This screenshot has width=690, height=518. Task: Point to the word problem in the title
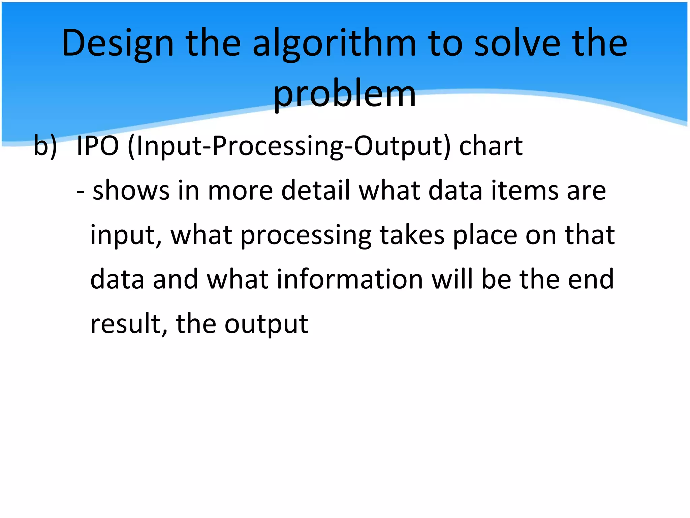345,94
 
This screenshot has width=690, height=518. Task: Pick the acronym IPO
98,146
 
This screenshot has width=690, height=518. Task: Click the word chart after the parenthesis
491,146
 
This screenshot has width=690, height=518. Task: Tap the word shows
131,191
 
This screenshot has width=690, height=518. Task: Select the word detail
316,191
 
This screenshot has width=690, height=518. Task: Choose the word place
485,235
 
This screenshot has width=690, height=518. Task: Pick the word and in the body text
175,279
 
